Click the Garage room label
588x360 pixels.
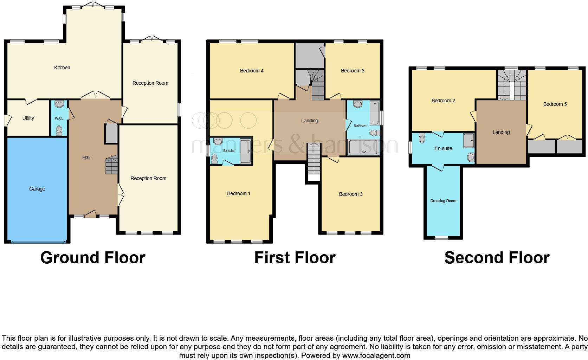[37, 189]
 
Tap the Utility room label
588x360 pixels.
[28, 118]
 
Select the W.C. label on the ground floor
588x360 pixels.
[59, 118]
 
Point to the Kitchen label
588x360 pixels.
[62, 67]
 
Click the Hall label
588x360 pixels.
[86, 157]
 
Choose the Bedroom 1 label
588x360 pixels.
[239, 193]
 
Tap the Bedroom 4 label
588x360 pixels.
[252, 71]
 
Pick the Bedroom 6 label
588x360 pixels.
[353, 71]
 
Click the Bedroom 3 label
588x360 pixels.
[350, 194]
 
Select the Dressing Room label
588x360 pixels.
[443, 201]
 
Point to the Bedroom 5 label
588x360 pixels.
[555, 104]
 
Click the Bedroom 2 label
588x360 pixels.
[443, 101]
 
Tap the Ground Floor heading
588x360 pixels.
[93, 258]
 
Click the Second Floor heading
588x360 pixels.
[497, 258]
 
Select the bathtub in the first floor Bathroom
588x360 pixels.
[363, 147]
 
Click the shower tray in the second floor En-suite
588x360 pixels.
[469, 140]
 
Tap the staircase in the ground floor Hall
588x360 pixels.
[112, 166]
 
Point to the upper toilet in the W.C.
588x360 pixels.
[59, 104]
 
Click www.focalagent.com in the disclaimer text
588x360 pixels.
[376, 355]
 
